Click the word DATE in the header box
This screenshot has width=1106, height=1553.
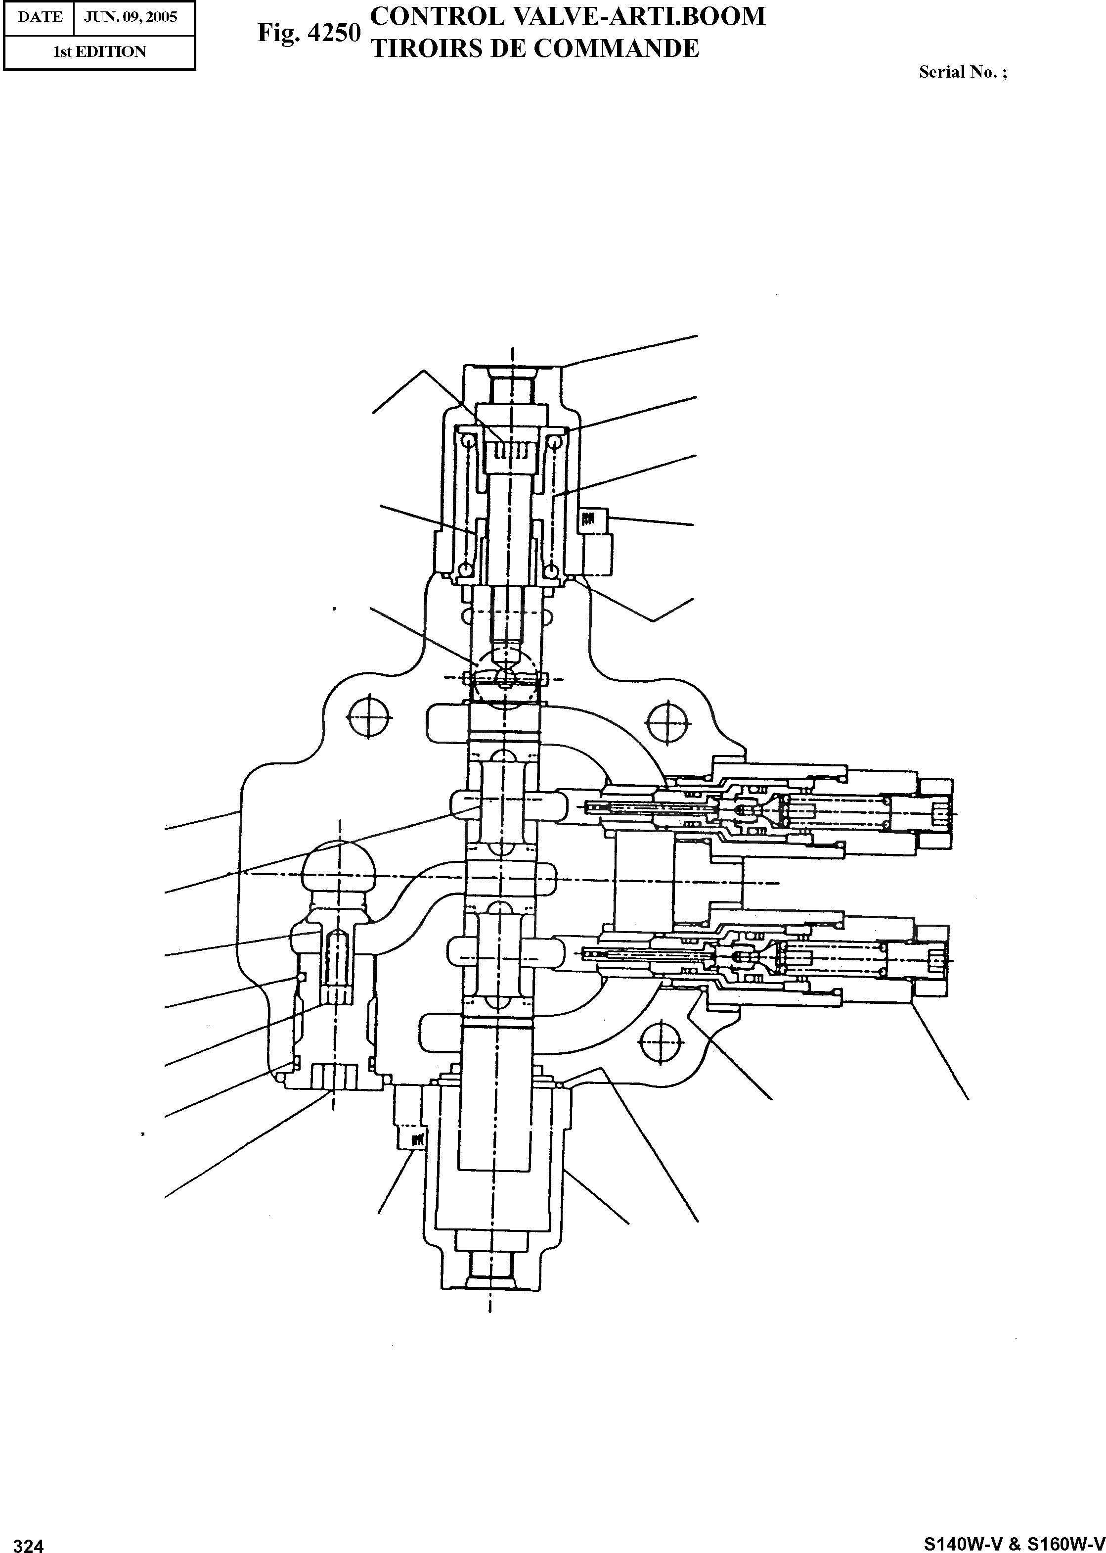tap(40, 17)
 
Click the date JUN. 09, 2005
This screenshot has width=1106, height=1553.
tap(130, 17)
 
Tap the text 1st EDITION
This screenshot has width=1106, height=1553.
tap(99, 52)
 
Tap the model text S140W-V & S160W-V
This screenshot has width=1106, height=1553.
tap(1014, 1524)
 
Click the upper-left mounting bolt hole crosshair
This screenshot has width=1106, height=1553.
tap(369, 716)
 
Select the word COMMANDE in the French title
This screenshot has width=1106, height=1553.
tap(617, 48)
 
